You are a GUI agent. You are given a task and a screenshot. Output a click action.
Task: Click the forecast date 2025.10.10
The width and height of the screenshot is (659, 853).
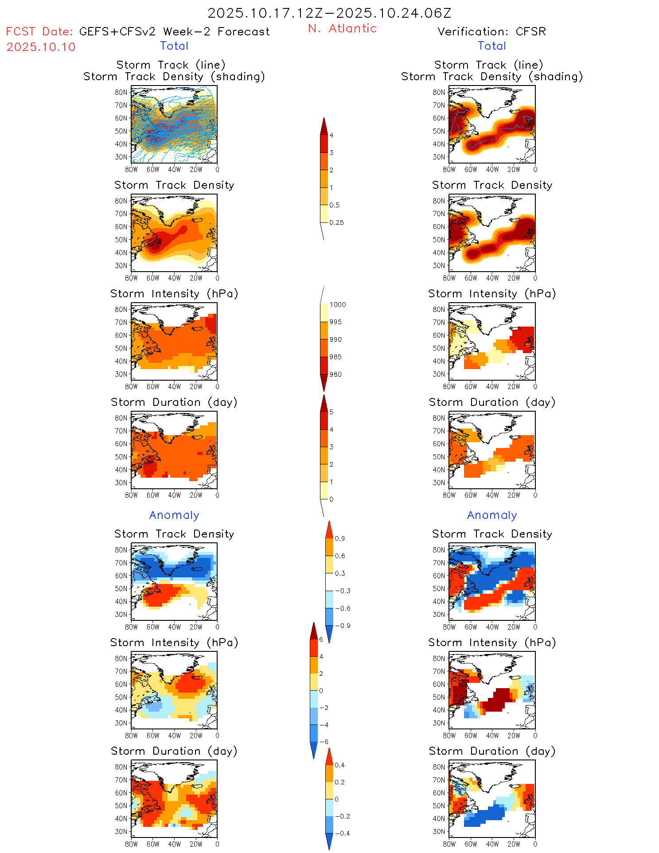click(41, 47)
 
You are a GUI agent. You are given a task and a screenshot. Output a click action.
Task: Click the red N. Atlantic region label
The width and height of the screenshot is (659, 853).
click(342, 28)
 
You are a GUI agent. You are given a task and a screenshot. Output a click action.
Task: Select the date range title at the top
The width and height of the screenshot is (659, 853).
click(329, 13)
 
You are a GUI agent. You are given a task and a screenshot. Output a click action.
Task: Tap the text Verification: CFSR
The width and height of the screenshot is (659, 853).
click(491, 31)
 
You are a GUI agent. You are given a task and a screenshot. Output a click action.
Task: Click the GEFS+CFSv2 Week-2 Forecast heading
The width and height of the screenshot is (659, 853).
click(174, 31)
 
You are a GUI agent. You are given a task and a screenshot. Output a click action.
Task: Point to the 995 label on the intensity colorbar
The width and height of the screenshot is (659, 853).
click(335, 322)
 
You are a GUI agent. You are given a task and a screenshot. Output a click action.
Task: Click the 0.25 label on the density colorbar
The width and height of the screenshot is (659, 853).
click(336, 222)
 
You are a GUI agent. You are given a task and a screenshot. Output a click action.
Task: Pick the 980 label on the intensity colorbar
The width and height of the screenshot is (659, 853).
click(335, 374)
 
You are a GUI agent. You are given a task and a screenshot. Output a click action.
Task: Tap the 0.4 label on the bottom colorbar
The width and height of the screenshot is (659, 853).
click(339, 765)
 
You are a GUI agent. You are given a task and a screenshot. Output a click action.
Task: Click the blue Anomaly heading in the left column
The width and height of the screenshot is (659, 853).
click(174, 515)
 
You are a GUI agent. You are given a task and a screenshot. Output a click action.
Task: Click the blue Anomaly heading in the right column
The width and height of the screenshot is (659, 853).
click(492, 515)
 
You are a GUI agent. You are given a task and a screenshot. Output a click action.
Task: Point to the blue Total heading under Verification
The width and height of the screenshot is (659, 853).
click(492, 46)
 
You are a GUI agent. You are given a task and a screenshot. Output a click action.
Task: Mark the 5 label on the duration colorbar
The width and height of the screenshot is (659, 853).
click(331, 412)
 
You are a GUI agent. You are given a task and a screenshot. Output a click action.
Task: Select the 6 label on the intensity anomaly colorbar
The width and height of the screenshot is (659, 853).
click(321, 639)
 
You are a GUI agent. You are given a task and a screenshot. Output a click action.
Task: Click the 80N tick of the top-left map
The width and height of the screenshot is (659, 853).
click(121, 92)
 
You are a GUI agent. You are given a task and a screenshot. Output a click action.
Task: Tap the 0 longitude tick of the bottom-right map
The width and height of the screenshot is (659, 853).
click(535, 844)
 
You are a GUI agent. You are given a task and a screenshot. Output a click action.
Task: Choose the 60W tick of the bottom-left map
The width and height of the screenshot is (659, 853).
click(153, 844)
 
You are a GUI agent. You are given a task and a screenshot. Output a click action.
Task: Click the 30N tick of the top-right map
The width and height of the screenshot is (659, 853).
click(439, 157)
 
